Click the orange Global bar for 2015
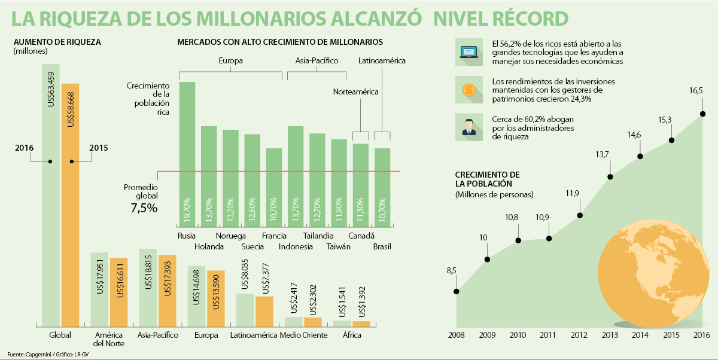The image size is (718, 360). pyautogui.click(x=70, y=203)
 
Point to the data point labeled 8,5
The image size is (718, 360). pyautogui.click(x=457, y=291)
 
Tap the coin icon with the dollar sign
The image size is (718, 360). pyautogui.click(x=468, y=90)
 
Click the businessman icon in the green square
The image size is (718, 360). pyautogui.click(x=468, y=127)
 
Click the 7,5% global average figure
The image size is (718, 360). pyautogui.click(x=144, y=209)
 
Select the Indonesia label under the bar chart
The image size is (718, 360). pyautogui.click(x=296, y=246)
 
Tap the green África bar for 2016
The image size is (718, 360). pyautogui.click(x=342, y=323)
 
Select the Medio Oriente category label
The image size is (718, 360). pyautogui.click(x=303, y=335)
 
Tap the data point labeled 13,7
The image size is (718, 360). pyautogui.click(x=610, y=176)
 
